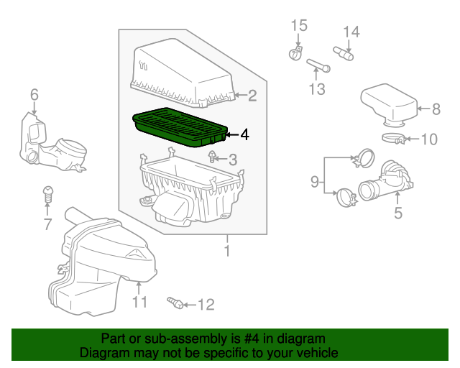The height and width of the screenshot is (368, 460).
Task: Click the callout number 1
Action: coord(228,252)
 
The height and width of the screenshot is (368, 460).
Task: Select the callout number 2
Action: coord(252,94)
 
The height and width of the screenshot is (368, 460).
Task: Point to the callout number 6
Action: coord(34,94)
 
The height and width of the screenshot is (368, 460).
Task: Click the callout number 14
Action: coord(350,31)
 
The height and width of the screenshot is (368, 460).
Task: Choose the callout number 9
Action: coord(314,183)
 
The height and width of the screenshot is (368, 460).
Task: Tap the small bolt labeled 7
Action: coord(47,193)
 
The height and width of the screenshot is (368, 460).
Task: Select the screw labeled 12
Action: coord(172,302)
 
